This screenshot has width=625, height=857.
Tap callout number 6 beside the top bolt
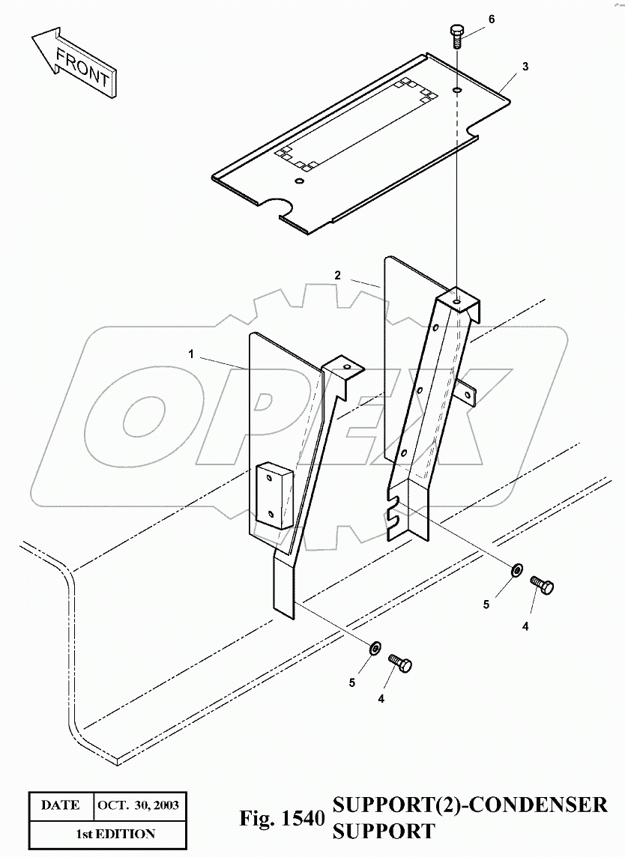coord(492,19)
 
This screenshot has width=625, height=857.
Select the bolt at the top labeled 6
coord(456,34)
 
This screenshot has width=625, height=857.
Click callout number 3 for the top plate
coord(525,66)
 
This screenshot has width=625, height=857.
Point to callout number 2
coord(338,276)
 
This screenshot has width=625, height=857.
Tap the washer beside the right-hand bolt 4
coord(517,572)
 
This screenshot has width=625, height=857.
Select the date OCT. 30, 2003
coord(139,806)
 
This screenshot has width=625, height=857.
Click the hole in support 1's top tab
coord(346,366)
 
